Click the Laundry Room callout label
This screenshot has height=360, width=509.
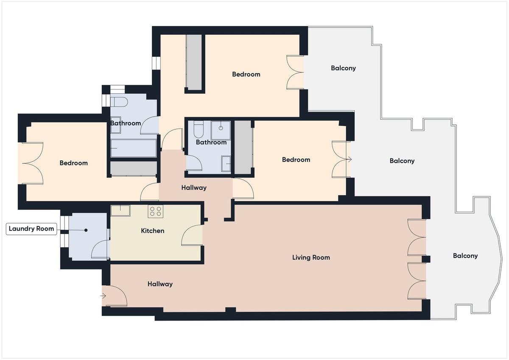31,229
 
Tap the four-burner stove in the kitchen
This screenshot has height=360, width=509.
156,211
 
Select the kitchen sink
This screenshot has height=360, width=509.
120,210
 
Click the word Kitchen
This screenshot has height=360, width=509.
152,231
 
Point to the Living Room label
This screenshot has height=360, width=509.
311,257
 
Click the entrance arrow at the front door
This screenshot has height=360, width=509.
103,296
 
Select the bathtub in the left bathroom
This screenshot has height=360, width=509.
133,148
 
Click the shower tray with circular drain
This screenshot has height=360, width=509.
221,130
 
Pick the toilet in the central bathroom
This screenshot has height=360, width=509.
199,129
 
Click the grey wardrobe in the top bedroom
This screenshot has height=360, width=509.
194,61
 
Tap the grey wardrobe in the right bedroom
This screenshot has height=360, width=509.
243,147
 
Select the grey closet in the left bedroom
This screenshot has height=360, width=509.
133,168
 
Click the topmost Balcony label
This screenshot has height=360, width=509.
343,68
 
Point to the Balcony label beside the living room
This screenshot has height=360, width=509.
465,256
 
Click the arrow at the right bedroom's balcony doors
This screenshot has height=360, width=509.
349,159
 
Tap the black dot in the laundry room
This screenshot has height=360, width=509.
86,230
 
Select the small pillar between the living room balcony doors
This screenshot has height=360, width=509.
426,259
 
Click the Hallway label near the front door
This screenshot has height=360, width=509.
160,284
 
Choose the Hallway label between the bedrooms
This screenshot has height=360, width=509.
194,187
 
